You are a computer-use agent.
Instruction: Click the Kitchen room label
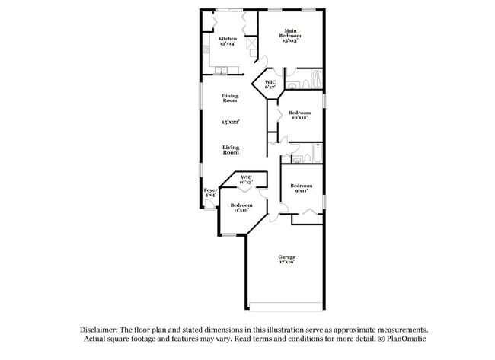[227, 41]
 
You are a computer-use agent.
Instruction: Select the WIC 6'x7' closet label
[270, 84]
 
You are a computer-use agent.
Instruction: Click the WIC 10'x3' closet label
[246, 180]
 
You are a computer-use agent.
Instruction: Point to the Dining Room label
[230, 98]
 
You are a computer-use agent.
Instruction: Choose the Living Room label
[230, 150]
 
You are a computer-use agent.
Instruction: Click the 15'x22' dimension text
[230, 122]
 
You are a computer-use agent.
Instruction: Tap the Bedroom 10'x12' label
[299, 115]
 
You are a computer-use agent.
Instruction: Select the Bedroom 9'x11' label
[301, 188]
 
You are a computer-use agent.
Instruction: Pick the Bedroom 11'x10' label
[241, 207]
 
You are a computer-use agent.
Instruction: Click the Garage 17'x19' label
[286, 260]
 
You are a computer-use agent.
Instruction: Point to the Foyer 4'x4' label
[209, 193]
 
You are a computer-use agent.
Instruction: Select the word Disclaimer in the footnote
[101, 330]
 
